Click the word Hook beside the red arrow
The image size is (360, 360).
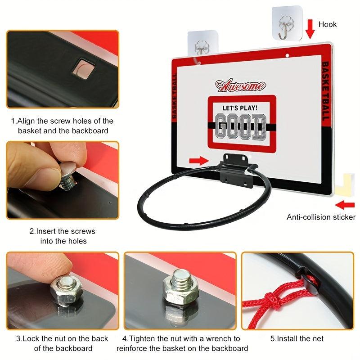click(x=328, y=24)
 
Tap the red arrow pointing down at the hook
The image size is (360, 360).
click(x=310, y=29)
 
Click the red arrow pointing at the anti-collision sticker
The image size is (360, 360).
click(x=345, y=205)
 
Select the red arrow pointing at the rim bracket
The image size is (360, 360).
click(x=199, y=161)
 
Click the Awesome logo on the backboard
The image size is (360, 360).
click(x=241, y=85)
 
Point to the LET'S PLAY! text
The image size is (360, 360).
click(x=240, y=108)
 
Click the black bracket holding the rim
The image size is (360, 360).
click(x=237, y=170)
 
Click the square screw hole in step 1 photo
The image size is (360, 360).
click(x=83, y=68)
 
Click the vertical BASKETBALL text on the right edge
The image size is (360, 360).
click(x=326, y=91)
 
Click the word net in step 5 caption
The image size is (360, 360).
click(x=318, y=338)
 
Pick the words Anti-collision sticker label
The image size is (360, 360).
click(x=321, y=217)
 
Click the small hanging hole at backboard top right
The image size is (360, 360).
click(x=287, y=55)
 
